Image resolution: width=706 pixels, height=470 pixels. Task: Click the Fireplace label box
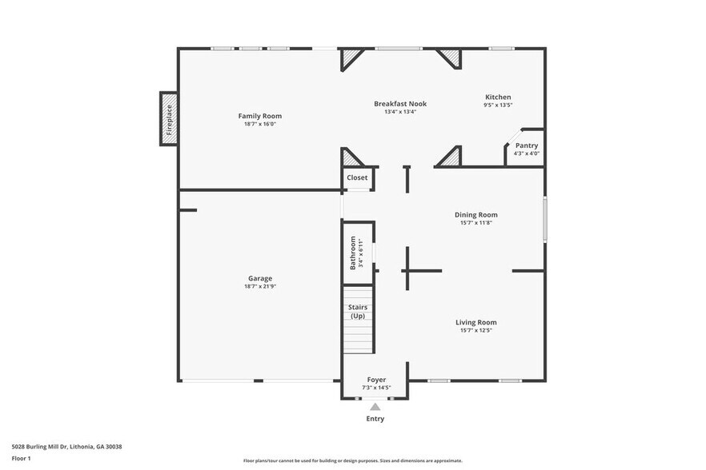coord(169,119)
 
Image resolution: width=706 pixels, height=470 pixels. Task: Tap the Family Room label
coord(260,116)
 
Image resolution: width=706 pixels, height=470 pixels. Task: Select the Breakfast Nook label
coord(400,104)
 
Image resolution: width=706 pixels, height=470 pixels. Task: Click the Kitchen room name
coord(497,97)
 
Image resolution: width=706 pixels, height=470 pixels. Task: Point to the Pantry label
coord(526,145)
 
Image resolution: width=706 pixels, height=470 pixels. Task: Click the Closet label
coord(357,177)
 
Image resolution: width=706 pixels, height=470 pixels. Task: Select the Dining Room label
coord(475,214)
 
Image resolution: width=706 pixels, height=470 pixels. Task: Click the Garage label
coord(260,278)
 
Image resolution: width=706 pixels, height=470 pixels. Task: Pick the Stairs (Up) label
coord(358,312)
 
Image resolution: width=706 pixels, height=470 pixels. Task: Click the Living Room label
coord(476,322)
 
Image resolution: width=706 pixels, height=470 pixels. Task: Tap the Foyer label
coord(376,380)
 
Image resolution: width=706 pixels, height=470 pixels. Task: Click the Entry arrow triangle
coord(375,407)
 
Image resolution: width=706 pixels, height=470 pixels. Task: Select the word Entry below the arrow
coord(375,419)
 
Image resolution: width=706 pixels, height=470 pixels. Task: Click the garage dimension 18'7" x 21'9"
coord(260,286)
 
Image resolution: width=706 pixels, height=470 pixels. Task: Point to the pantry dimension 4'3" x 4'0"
coord(526,153)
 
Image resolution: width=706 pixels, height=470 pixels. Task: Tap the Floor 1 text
coord(21,458)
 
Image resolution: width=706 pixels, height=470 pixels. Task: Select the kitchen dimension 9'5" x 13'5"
coord(497,105)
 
